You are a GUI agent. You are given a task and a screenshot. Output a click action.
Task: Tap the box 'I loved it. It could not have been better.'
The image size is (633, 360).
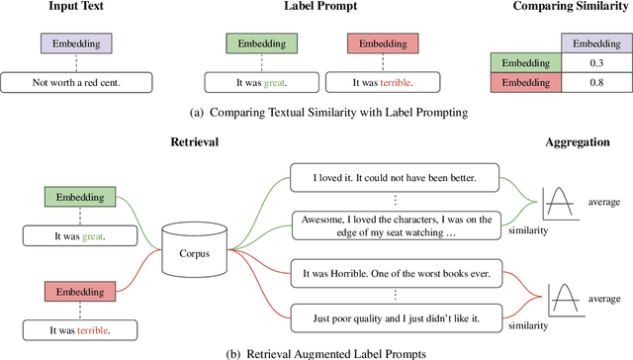[394, 178]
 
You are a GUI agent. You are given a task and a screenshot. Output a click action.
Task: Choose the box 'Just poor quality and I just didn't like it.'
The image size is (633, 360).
[394, 316]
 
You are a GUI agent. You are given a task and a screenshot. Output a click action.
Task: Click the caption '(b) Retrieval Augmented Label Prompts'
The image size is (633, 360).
[316, 351]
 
